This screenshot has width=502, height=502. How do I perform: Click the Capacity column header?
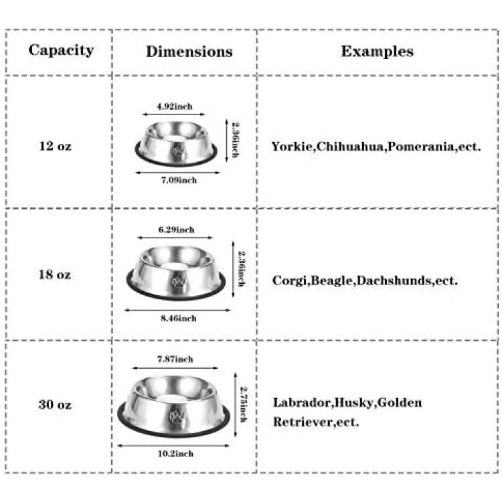(x=61, y=50)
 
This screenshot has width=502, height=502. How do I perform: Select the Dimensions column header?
(x=189, y=52)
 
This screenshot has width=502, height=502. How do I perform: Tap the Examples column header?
(x=377, y=52)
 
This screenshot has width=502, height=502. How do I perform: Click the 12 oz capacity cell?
(x=55, y=146)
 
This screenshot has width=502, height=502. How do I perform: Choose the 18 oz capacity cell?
(x=55, y=274)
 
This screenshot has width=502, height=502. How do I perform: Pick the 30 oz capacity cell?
(x=55, y=404)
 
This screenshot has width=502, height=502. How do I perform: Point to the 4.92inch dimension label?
(x=175, y=106)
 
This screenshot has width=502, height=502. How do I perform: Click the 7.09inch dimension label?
(x=179, y=180)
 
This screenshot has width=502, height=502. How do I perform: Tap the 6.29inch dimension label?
(x=177, y=230)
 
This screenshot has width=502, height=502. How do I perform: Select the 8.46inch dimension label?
(x=179, y=318)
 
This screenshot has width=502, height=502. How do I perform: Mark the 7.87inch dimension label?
(x=175, y=359)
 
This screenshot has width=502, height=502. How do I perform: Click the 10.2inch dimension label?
(x=175, y=454)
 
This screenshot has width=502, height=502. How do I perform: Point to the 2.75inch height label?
(x=244, y=404)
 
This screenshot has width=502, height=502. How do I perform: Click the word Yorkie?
(x=292, y=147)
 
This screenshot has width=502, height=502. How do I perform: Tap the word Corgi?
(x=290, y=280)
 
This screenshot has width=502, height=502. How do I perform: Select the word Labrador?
(x=302, y=402)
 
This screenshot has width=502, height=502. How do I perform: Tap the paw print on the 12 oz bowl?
(x=177, y=151)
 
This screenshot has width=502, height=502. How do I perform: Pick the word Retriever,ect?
(x=316, y=422)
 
